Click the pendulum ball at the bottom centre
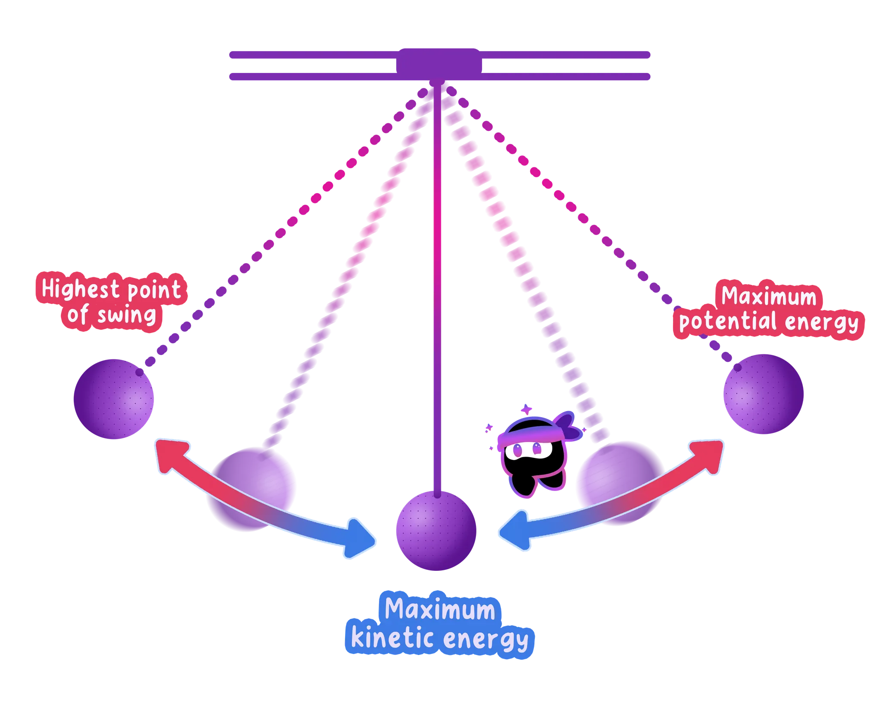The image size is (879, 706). click(x=436, y=530)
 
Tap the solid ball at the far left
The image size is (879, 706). click(x=114, y=399)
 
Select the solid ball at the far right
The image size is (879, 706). click(x=764, y=394)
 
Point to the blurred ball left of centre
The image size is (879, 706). click(x=251, y=489)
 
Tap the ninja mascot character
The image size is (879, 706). click(x=536, y=453)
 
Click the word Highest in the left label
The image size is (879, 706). click(x=80, y=288)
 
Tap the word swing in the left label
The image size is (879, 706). click(x=127, y=315)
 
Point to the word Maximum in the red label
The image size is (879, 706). click(x=769, y=296)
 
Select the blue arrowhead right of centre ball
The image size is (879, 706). click(x=515, y=530)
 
